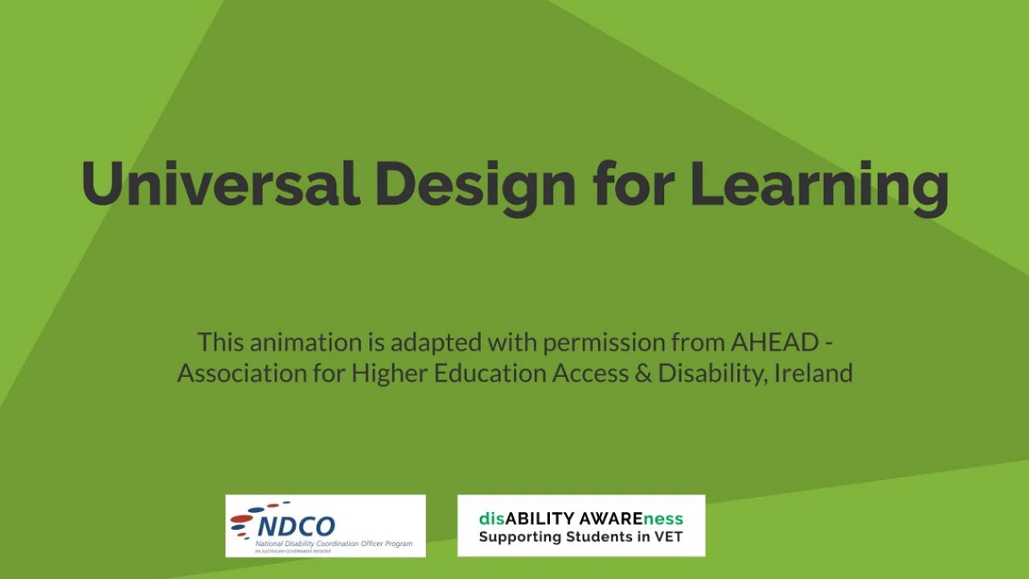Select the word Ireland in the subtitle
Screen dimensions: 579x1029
[x=814, y=373]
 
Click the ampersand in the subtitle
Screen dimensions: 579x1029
[x=639, y=373]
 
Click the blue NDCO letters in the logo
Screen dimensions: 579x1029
[x=297, y=526]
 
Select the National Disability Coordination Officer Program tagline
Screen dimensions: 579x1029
[x=334, y=544]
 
